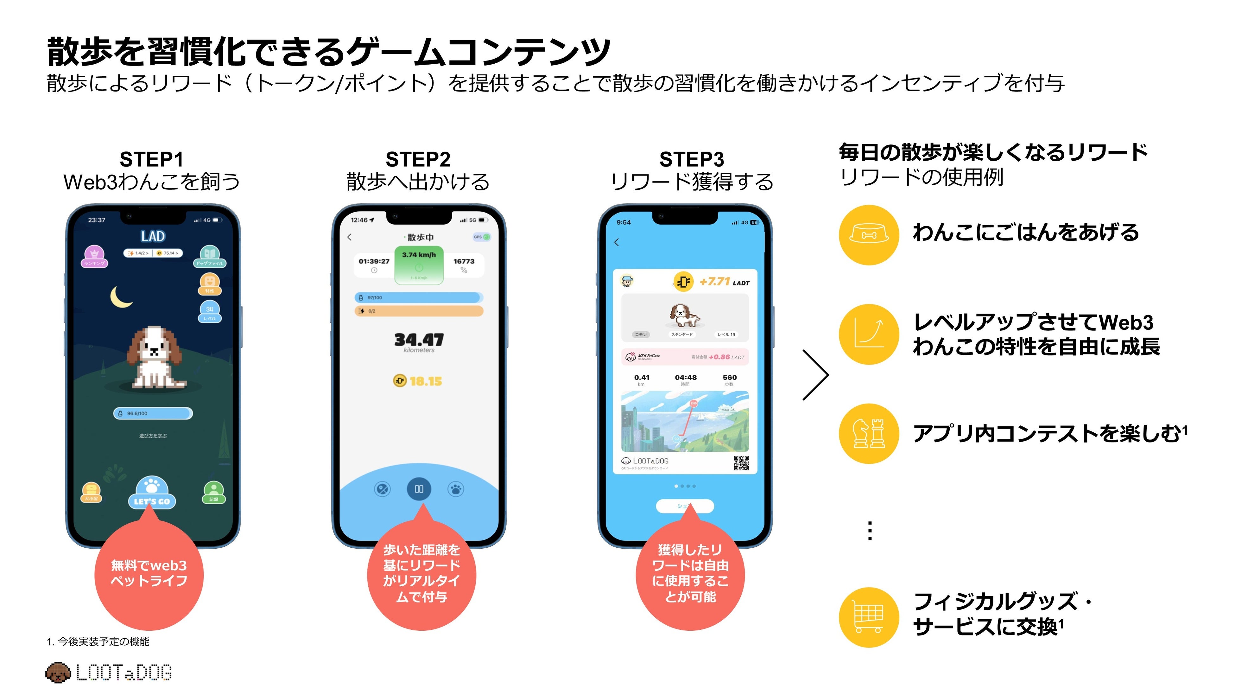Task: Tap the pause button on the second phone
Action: pos(419,489)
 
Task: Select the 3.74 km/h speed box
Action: pos(419,265)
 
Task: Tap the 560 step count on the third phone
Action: pos(729,378)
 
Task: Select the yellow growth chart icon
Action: pos(868,334)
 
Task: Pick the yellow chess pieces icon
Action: pos(868,433)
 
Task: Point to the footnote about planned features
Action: pos(98,641)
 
